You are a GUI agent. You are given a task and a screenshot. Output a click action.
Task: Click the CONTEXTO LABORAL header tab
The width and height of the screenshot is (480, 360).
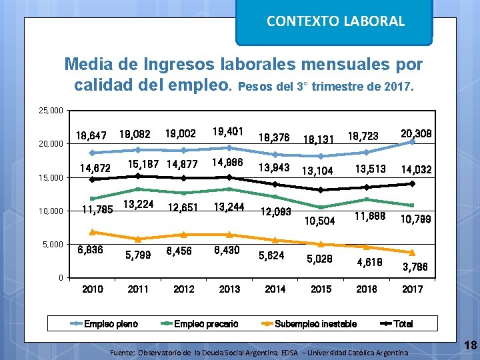click(335, 21)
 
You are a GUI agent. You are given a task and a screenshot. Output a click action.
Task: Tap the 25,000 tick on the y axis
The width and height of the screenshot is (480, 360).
click(51, 110)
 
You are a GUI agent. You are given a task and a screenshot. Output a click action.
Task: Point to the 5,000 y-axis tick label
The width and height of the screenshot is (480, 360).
click(53, 245)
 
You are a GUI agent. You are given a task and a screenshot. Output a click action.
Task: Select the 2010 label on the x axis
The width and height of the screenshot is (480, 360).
click(92, 289)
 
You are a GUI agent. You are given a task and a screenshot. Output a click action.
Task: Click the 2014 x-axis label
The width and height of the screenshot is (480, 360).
click(275, 289)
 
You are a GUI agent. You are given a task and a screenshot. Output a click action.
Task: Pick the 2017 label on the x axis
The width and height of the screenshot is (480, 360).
click(412, 289)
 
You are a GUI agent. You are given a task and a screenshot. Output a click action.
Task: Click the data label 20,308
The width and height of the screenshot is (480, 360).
click(415, 134)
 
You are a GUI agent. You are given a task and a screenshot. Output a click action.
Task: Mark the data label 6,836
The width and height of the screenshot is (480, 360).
click(91, 250)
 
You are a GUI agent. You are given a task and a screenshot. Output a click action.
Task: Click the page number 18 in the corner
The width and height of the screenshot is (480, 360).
click(470, 345)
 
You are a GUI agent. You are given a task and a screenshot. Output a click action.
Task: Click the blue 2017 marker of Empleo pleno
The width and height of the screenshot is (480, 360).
click(412, 142)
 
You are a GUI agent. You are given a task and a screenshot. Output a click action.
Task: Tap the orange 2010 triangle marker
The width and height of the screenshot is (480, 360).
click(92, 232)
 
